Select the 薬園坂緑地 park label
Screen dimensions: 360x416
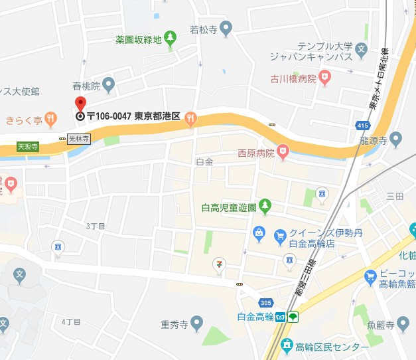[138, 40]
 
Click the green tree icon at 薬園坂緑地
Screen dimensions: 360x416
[171, 36]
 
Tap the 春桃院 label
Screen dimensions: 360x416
[86, 86]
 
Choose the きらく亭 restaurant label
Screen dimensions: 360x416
[24, 120]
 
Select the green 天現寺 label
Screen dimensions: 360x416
[28, 146]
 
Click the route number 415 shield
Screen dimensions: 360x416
[362, 125]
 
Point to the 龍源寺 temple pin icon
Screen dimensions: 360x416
[396, 139]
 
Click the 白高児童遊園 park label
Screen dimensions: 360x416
[229, 207]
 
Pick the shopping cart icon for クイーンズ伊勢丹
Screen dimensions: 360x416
[280, 234]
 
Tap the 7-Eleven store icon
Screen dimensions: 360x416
[218, 265]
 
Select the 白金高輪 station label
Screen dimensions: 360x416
[255, 316]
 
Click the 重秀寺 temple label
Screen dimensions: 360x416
[174, 325]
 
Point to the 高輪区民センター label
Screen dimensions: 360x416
[332, 347]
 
